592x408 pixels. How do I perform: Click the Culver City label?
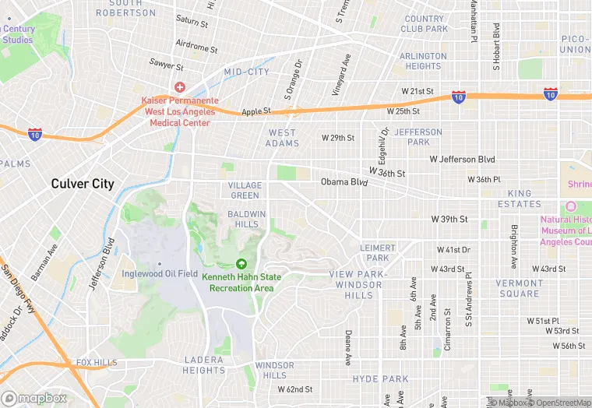[x=82, y=185]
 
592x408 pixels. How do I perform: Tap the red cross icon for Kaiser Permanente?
[x=180, y=87]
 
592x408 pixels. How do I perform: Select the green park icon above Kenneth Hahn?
[x=241, y=265]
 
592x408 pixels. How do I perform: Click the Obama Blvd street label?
[x=344, y=182]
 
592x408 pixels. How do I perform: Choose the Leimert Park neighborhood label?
[x=378, y=252]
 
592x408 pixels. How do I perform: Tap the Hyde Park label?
[x=380, y=379]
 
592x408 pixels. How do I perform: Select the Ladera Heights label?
[x=204, y=364]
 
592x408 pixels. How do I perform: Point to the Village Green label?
[x=245, y=190]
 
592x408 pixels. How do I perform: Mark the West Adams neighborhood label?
[x=282, y=138]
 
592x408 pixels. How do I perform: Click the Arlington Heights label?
[x=423, y=62]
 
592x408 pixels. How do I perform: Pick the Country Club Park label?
[x=425, y=24]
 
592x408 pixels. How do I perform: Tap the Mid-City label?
[x=246, y=72]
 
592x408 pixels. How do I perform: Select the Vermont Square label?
[x=520, y=288]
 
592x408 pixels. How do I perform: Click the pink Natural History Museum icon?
[x=570, y=206]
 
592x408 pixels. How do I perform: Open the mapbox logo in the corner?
[x=34, y=398]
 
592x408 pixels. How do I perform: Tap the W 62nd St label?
[x=294, y=389]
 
